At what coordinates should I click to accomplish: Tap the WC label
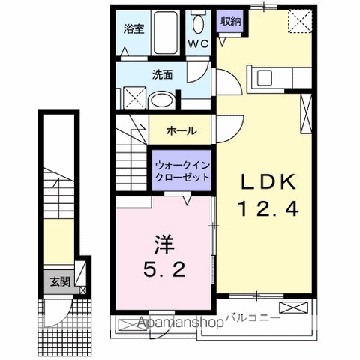pos(197,43)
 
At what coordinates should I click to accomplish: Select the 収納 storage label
pos(230,21)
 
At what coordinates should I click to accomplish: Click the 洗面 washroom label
pos(163,74)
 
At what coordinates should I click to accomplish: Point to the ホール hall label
pos(181,130)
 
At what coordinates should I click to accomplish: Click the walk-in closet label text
pos(181,172)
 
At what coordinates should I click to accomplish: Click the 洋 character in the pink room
pos(165,244)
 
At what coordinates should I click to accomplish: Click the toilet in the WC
pos(198,20)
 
